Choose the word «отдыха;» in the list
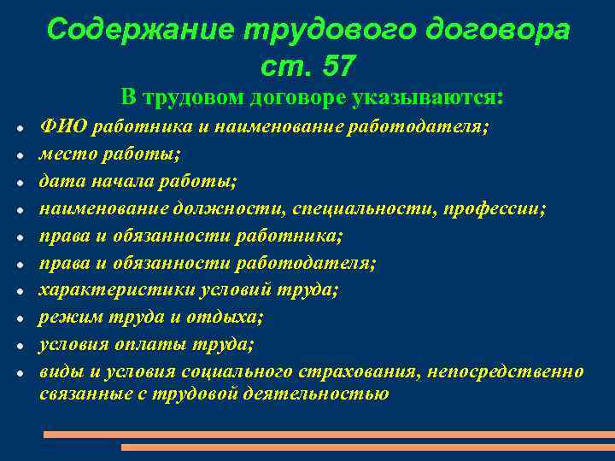(x=231, y=318)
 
